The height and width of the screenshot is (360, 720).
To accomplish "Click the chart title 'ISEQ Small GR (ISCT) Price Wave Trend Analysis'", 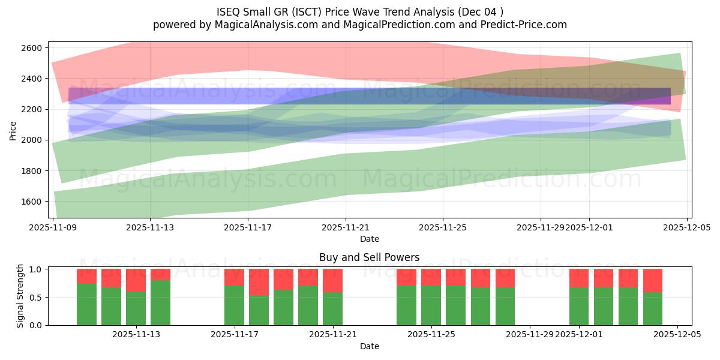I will pyautogui.click(x=360, y=11).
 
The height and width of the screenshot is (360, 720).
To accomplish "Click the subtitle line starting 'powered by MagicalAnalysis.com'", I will pyautogui.click(x=360, y=25).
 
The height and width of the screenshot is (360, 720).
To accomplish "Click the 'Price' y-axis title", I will pyautogui.click(x=13, y=130).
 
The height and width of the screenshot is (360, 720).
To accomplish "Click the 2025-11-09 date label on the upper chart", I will pyautogui.click(x=53, y=227).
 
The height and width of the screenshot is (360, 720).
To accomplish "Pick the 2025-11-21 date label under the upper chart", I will pyautogui.click(x=346, y=227).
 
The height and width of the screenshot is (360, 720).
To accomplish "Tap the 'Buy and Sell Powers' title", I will pyautogui.click(x=370, y=257).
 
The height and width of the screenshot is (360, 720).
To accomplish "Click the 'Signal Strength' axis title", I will pyautogui.click(x=20, y=296).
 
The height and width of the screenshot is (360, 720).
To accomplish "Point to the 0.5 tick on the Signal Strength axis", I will pyautogui.click(x=38, y=298).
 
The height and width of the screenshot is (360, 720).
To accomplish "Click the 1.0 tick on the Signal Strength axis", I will pyautogui.click(x=38, y=269).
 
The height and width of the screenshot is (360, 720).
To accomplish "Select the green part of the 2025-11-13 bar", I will pyautogui.click(x=136, y=308).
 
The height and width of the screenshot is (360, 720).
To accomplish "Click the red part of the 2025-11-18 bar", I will pyautogui.click(x=259, y=281).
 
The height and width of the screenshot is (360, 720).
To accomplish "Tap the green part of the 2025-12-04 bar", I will pyautogui.click(x=653, y=308).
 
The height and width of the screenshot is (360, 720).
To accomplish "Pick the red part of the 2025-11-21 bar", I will pyautogui.click(x=332, y=280).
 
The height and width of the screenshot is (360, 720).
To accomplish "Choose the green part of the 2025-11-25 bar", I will pyautogui.click(x=431, y=305).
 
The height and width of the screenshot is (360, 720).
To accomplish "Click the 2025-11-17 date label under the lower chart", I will pyautogui.click(x=234, y=335).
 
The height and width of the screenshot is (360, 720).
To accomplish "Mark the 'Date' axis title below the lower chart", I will pyautogui.click(x=370, y=346).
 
